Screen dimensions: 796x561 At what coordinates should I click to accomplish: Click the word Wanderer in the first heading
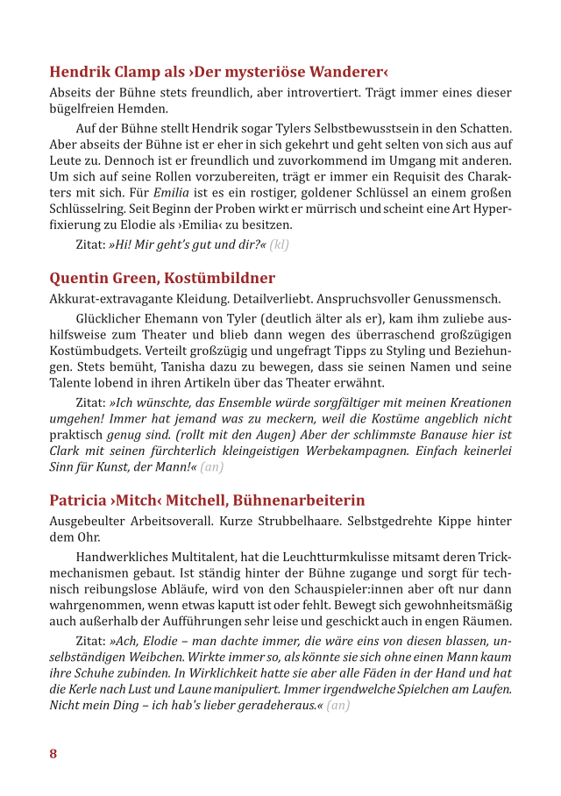point(338,72)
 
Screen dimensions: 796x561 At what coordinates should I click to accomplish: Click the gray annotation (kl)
point(280,245)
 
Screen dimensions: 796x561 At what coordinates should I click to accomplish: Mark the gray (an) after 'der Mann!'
point(212,467)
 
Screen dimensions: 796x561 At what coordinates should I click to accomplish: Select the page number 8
point(53,754)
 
